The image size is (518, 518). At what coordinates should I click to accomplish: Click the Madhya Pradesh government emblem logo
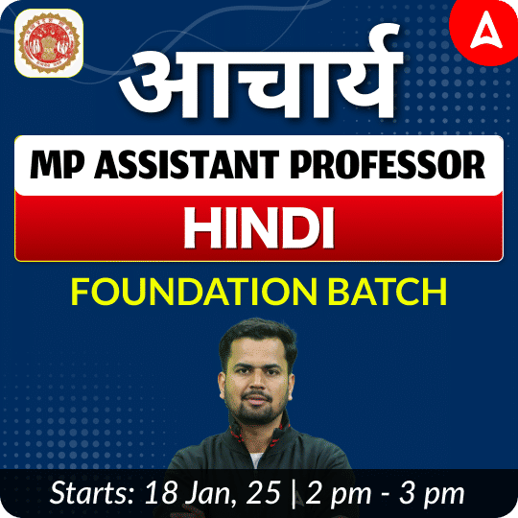pyautogui.click(x=49, y=43)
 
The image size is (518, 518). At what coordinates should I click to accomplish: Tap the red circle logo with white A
pyautogui.click(x=484, y=32)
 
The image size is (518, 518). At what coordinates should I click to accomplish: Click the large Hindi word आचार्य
pyautogui.click(x=261, y=73)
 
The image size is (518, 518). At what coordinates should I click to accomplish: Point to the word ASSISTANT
pyautogui.click(x=187, y=165)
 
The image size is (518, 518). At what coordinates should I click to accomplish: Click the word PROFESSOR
pyautogui.click(x=388, y=165)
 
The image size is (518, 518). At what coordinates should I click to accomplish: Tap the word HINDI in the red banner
pyautogui.click(x=259, y=228)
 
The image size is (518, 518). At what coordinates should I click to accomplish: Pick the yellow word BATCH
pyautogui.click(x=388, y=292)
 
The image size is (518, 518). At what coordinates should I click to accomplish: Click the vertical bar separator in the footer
pyautogui.click(x=294, y=495)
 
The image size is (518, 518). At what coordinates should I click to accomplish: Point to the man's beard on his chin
pyautogui.click(x=256, y=412)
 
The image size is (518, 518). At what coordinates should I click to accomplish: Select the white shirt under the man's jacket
pyautogui.click(x=256, y=459)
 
